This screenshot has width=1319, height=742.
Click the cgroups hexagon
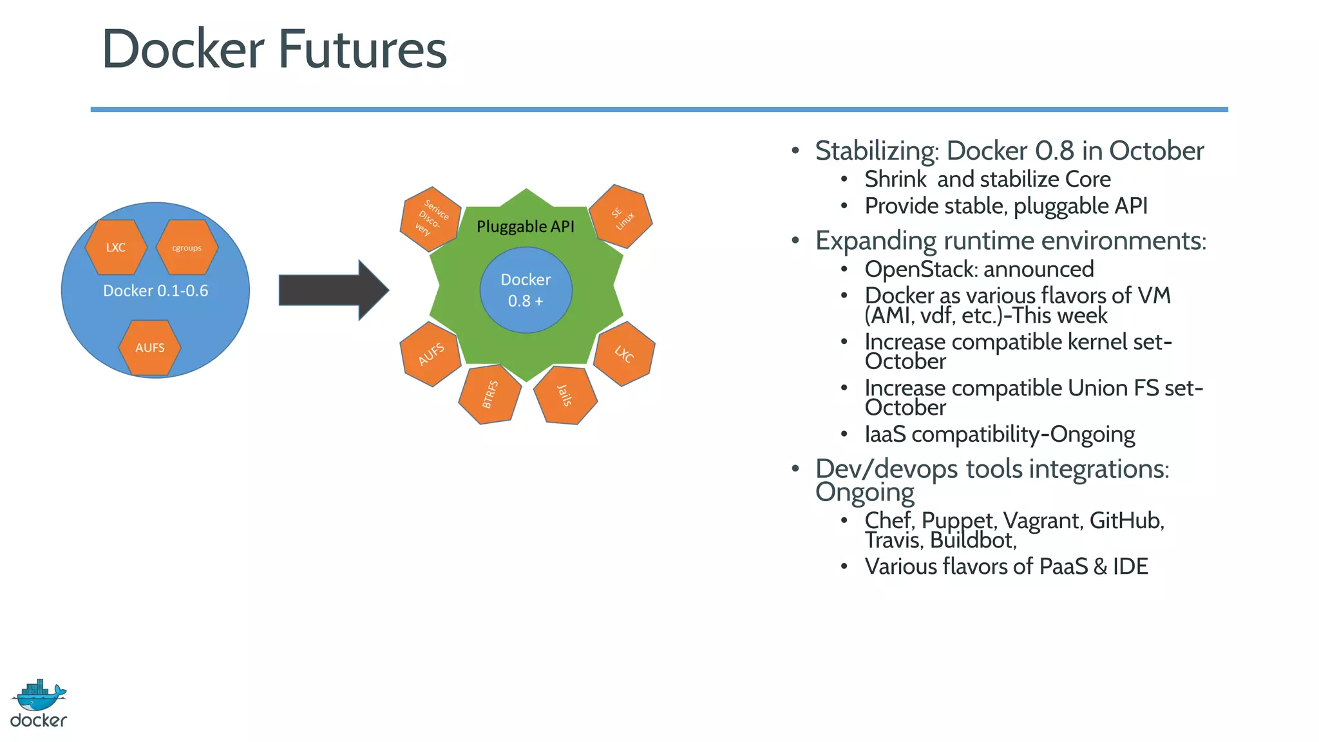tap(187, 247)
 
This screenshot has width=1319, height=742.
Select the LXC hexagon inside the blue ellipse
tap(116, 247)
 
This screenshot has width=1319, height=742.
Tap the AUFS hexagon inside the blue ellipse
tap(149, 348)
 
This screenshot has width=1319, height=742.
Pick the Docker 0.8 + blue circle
tap(526, 290)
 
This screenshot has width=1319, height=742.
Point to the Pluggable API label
tap(525, 227)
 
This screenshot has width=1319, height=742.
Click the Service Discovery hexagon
tap(430, 220)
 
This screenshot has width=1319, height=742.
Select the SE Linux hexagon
tap(622, 217)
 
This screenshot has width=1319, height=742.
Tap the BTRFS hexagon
tap(490, 394)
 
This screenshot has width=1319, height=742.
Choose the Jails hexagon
tap(565, 395)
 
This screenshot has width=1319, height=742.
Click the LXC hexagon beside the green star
tap(623, 354)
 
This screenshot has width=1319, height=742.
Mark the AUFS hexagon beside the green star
tap(431, 354)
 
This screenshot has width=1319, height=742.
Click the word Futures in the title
tap(362, 50)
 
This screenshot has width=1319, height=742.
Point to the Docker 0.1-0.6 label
tap(155, 290)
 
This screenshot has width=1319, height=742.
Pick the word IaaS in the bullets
tap(885, 434)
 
